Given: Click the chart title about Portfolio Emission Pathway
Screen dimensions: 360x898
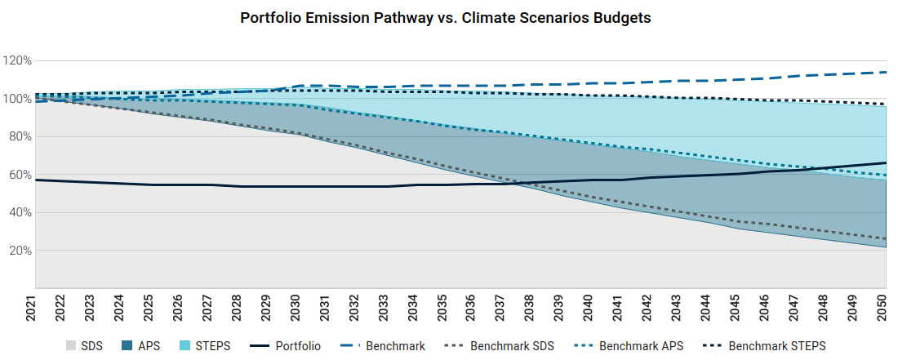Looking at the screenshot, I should [445, 18].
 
